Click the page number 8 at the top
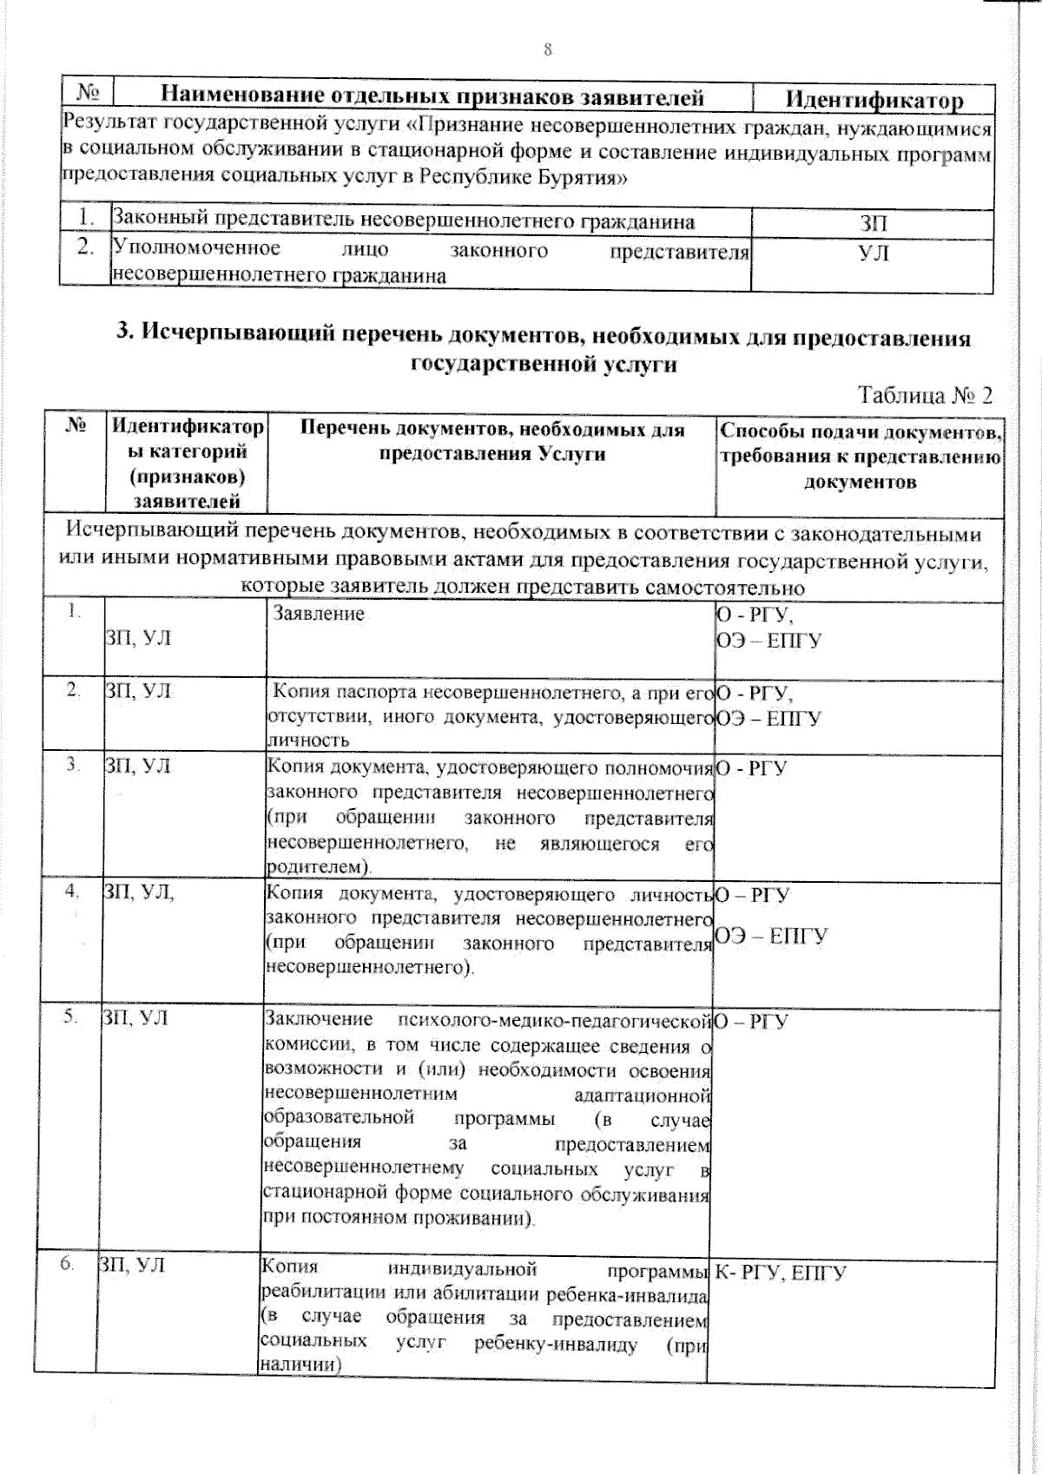coord(548,49)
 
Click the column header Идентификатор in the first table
coord(874,99)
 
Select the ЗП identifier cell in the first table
coord(874,223)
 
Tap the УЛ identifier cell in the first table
coord(874,253)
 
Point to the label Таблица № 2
coord(925,396)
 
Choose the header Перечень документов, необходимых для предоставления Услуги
coord(492,442)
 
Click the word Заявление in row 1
coord(319,614)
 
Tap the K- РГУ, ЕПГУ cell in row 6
coord(781,1273)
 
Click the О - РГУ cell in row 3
coord(751,768)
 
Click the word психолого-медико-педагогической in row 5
coord(553,1018)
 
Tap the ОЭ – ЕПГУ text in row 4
coord(771,935)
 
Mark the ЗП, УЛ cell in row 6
coord(130,1267)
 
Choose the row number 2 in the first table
coord(84,247)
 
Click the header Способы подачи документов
coord(861,432)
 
